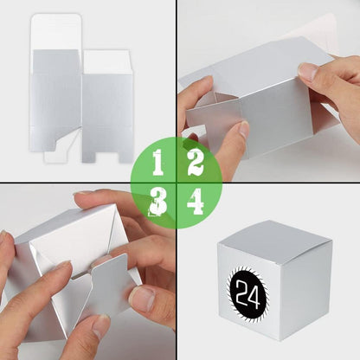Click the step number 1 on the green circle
[x=158, y=164]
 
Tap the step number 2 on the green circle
[x=196, y=164]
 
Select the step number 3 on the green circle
[x=158, y=202]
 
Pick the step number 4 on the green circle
[x=196, y=202]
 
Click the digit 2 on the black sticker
[x=241, y=292]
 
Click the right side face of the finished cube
[x=307, y=288]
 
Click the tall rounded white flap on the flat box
[x=56, y=31]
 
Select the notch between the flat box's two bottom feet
[x=107, y=156]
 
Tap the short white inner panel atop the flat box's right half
[x=106, y=62]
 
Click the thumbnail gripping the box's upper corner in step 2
[x=307, y=72]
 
